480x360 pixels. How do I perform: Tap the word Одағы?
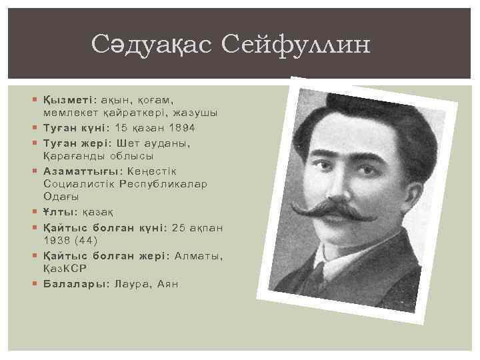pos(61,196)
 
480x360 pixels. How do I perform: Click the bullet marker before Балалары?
pos(36,283)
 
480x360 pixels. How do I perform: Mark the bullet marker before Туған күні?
pos(36,127)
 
